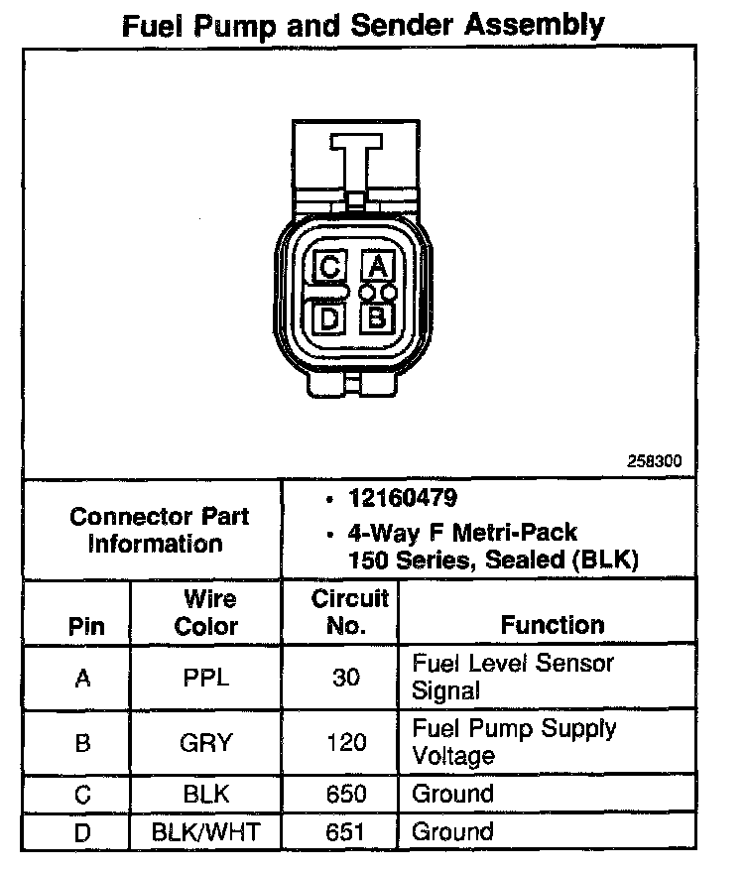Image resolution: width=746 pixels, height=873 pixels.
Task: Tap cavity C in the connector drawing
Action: tap(330, 266)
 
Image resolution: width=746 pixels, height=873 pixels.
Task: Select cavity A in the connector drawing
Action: tap(376, 266)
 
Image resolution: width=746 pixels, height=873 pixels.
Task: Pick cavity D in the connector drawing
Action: tap(330, 318)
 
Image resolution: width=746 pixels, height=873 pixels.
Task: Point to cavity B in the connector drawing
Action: tap(376, 318)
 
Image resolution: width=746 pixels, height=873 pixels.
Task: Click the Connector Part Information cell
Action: tap(160, 530)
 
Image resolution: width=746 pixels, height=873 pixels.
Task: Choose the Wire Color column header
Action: tap(206, 612)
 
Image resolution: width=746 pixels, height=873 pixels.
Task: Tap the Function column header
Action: tap(552, 625)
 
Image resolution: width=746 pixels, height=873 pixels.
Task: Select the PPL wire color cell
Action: tap(206, 679)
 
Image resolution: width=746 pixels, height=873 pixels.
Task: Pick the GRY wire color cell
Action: tap(206, 742)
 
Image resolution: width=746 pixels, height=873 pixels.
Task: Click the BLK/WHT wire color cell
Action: tap(206, 831)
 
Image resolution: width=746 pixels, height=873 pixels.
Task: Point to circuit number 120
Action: tap(346, 742)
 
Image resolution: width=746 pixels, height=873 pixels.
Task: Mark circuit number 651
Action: tap(346, 831)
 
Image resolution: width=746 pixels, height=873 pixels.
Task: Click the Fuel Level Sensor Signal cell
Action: tap(513, 677)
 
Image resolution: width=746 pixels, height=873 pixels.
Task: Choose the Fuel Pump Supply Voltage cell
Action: tap(514, 741)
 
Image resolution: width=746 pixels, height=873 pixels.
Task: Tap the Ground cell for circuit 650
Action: tap(452, 794)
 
